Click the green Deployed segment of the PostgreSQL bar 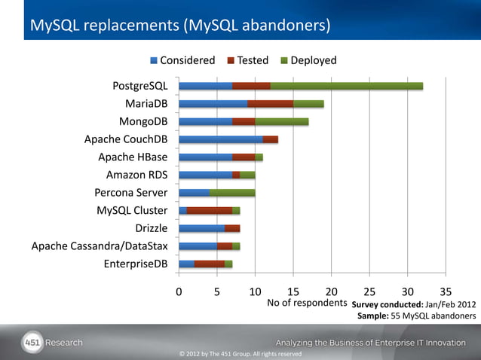[x=346, y=86]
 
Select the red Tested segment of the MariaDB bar [x=270, y=104]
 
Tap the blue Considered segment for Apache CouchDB [x=220, y=139]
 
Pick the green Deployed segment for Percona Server [x=231, y=192]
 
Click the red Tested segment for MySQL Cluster [x=209, y=210]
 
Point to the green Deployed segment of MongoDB [x=281, y=121]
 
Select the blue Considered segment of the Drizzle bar [x=201, y=227]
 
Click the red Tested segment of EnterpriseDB [x=209, y=263]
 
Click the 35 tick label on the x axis [x=446, y=291]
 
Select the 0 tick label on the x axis [x=179, y=291]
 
